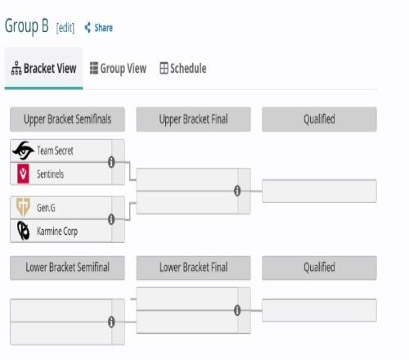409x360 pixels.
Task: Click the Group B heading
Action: pos(27,26)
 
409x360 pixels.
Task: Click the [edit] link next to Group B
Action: pos(65,28)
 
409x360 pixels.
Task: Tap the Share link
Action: pos(98,28)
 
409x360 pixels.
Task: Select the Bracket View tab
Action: pos(43,68)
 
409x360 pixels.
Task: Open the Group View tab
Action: pos(118,68)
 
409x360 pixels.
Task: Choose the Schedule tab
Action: pos(183,68)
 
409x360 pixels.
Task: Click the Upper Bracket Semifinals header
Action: pos(67,119)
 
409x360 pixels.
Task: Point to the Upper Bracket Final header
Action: pos(193,119)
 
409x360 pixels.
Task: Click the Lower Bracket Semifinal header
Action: pos(67,268)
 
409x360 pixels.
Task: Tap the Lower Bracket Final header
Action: pos(193,268)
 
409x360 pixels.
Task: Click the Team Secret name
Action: pos(55,151)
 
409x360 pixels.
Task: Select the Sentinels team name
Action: pos(50,174)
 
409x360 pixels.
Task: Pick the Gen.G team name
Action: pos(46,208)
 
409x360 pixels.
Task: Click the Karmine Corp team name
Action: pos(57,232)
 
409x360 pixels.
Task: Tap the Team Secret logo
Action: pos(23,151)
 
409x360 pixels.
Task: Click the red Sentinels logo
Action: pos(23,173)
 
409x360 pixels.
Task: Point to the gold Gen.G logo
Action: pos(23,207)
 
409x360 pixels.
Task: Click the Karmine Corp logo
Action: pos(23,231)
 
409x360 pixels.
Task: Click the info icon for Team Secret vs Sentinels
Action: pos(111,162)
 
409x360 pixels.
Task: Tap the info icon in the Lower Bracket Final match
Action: pos(237,310)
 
